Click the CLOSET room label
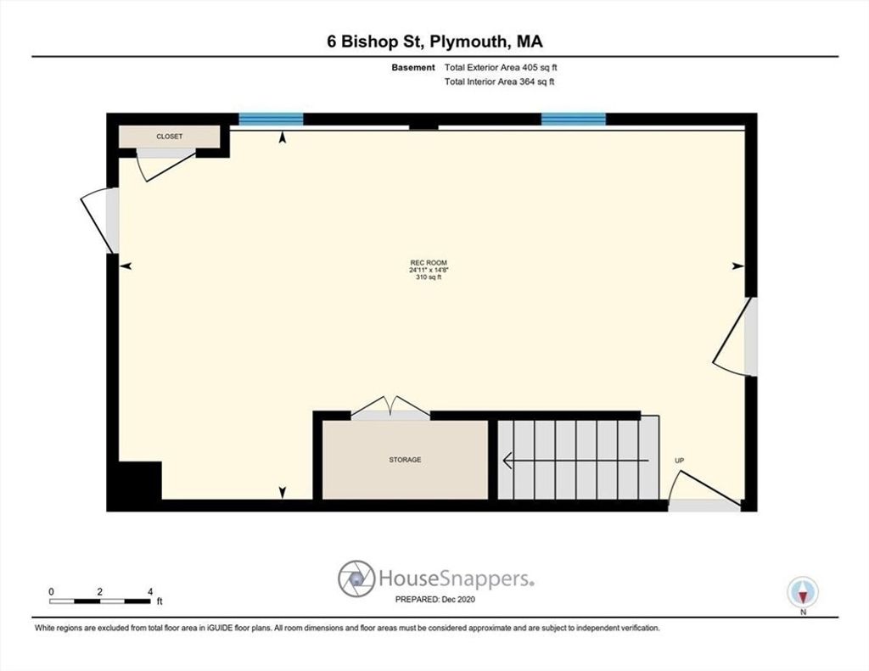click(169, 137)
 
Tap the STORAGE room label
click(405, 460)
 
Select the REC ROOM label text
click(429, 263)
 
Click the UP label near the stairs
click(680, 461)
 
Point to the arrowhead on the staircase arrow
click(507, 461)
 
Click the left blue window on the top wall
click(271, 119)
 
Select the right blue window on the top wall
click(573, 119)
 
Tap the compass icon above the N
click(803, 592)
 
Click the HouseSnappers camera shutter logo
click(356, 579)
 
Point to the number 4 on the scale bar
click(150, 592)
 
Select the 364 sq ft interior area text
click(537, 82)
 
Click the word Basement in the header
click(413, 68)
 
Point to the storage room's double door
click(390, 408)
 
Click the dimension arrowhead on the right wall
click(738, 266)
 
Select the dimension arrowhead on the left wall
click(126, 266)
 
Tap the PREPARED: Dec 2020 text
click(435, 600)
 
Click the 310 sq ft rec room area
click(429, 277)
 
